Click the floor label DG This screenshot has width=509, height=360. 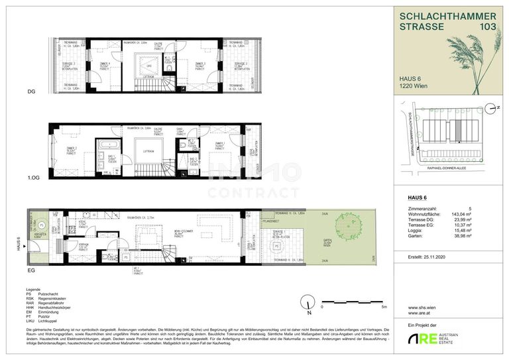coord(30,91)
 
